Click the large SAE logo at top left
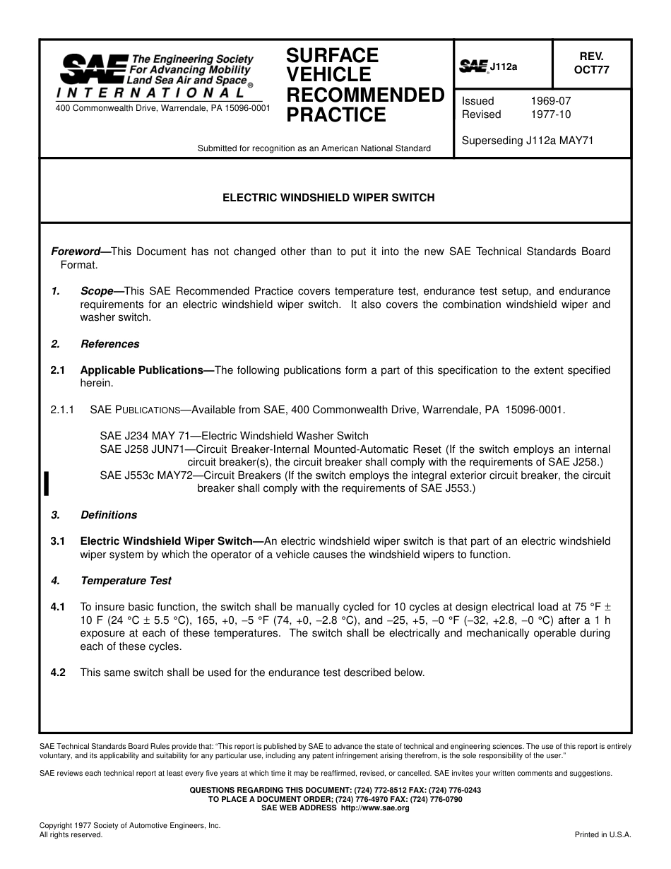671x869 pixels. tap(94, 69)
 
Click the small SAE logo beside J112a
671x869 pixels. tap(474, 66)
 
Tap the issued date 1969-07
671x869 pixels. tap(551, 101)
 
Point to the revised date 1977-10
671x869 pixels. tap(551, 114)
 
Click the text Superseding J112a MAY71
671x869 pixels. tap(528, 141)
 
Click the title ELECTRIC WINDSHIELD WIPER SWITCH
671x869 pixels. tap(329, 199)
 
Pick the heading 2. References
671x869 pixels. tap(109, 344)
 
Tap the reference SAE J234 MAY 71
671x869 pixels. tap(141, 436)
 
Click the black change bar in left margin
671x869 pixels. tap(46, 484)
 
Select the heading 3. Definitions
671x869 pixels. tap(109, 515)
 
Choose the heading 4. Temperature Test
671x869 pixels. tap(126, 581)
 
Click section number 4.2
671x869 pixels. tap(58, 673)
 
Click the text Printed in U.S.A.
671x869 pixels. tap(602, 834)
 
